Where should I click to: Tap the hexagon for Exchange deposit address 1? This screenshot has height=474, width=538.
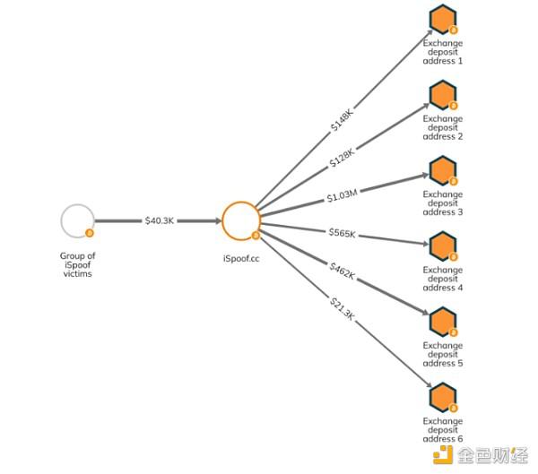[x=443, y=19]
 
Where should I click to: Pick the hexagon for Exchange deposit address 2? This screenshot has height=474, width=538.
[x=443, y=95]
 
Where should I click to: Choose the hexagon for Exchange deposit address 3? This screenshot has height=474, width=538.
[x=443, y=170]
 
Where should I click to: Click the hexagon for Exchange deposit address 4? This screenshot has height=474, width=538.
[x=443, y=246]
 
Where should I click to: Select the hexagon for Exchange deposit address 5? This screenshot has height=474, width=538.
[x=443, y=322]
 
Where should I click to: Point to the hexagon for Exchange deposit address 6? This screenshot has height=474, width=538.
[x=443, y=397]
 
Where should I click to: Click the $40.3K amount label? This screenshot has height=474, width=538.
[x=160, y=220]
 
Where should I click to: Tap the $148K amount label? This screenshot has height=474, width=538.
[x=343, y=120]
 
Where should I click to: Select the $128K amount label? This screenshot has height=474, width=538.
[x=342, y=158]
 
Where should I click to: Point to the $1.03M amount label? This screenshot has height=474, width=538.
[x=343, y=196]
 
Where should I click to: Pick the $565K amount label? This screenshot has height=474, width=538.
[x=343, y=233]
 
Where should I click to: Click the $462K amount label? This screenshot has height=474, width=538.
[x=343, y=271]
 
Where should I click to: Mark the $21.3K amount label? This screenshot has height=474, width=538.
[x=342, y=309]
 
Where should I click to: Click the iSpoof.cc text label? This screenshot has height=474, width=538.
[x=241, y=259]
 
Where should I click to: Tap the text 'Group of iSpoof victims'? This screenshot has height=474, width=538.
[x=77, y=265]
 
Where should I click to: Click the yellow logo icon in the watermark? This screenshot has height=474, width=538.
[x=443, y=454]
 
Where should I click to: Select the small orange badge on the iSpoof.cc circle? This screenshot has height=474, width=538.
[x=256, y=236]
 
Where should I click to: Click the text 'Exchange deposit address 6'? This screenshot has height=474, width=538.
[x=443, y=430]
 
